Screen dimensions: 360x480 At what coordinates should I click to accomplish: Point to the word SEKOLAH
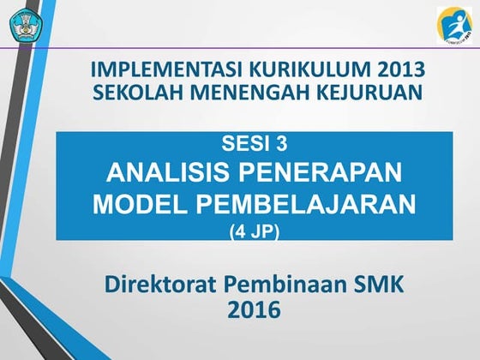pyautogui.click(x=134, y=91)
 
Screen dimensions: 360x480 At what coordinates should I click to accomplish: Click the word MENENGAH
pyautogui.click(x=243, y=91)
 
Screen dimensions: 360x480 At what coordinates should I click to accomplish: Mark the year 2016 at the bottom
pyautogui.click(x=254, y=310)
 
